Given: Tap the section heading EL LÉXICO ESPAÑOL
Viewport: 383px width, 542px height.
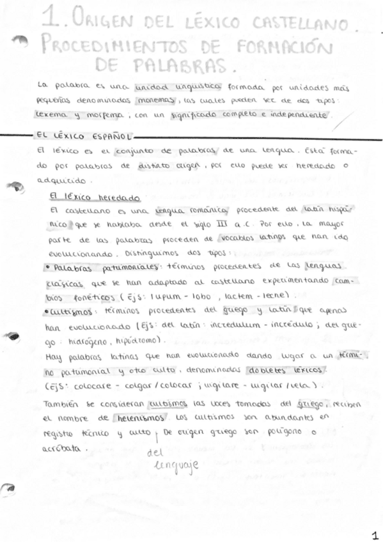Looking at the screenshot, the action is (x=83, y=136).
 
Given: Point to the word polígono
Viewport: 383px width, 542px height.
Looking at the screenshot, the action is (x=281, y=433).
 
